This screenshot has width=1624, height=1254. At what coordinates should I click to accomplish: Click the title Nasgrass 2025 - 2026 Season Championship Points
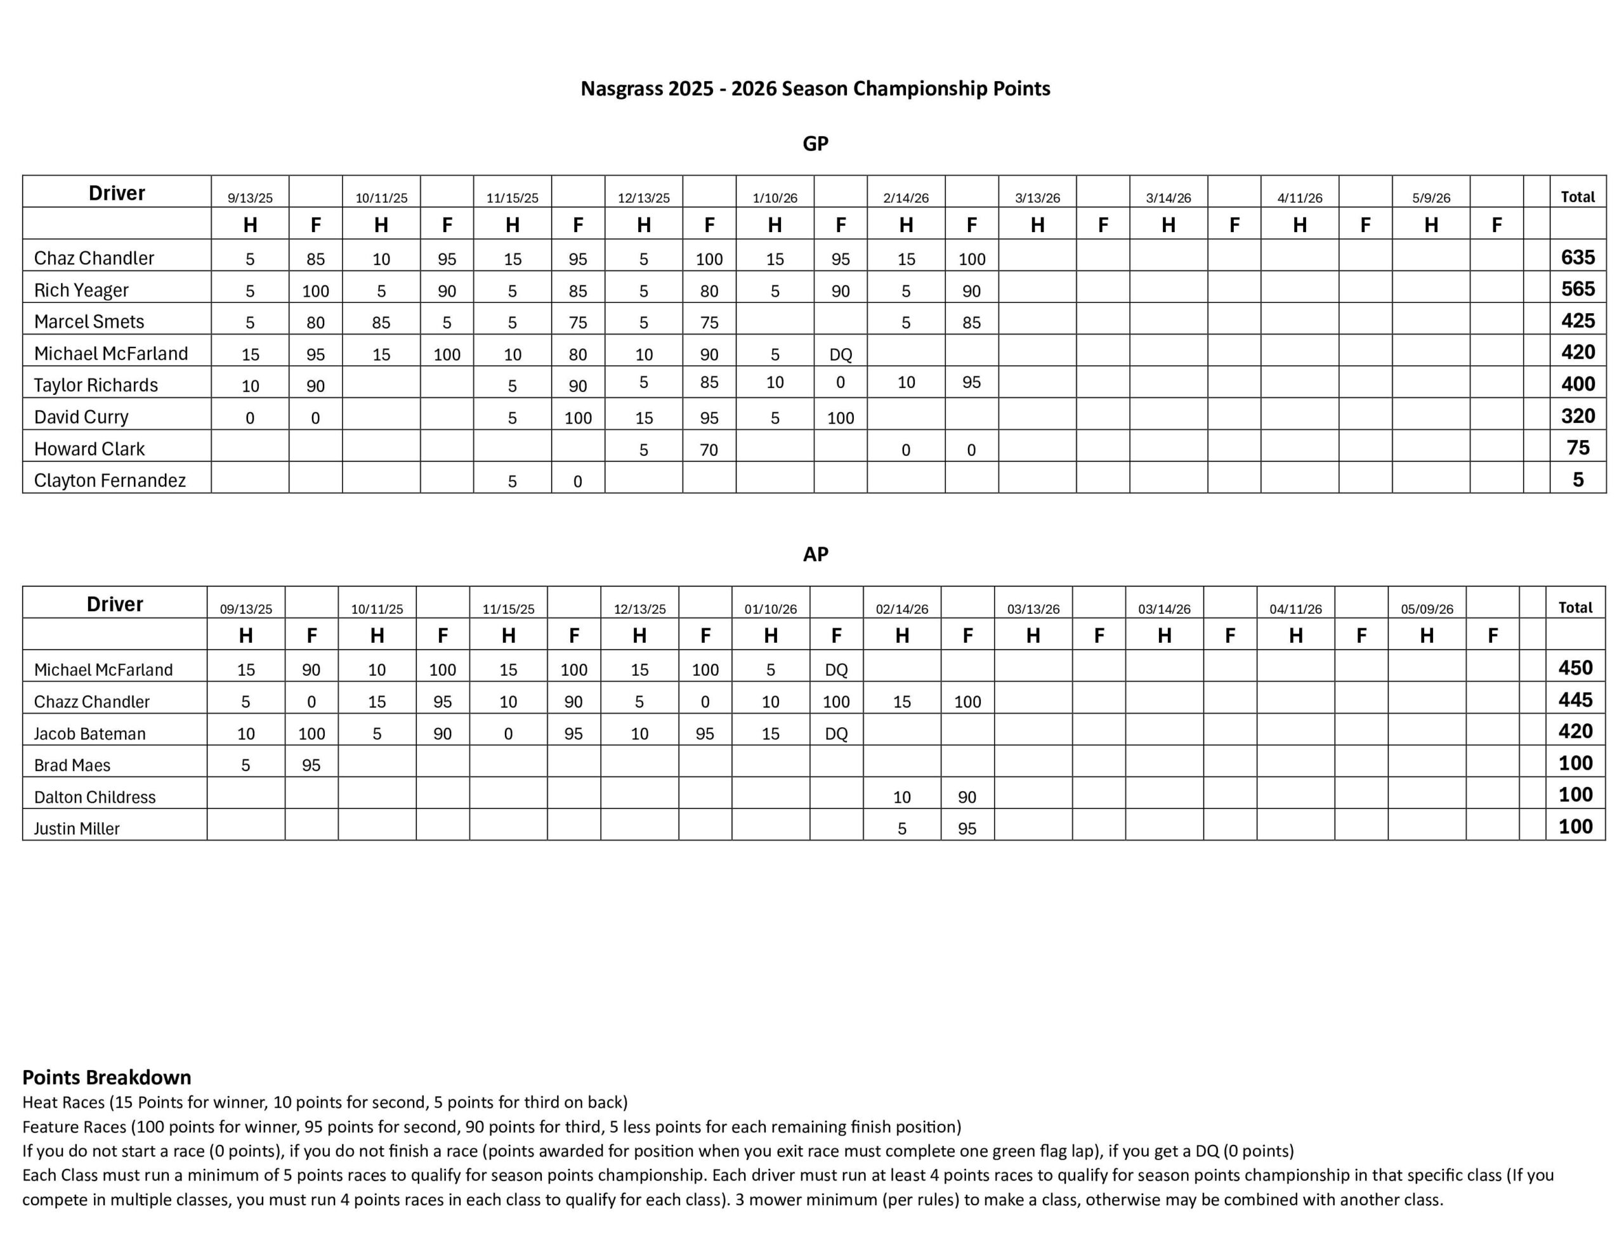tap(815, 89)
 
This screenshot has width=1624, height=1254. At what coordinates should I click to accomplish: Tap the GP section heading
tap(815, 143)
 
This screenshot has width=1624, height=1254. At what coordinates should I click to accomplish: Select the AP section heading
tap(815, 554)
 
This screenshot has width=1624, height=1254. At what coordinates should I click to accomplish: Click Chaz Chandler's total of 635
tap(1577, 257)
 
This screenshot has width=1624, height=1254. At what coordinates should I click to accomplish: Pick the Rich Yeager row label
tap(81, 290)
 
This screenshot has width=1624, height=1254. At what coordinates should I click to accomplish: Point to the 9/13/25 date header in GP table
tap(250, 198)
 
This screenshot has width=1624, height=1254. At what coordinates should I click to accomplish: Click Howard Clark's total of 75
tap(1577, 448)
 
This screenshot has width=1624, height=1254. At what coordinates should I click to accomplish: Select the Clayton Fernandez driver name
tap(109, 480)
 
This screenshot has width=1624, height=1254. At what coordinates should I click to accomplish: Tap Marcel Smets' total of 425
tap(1577, 320)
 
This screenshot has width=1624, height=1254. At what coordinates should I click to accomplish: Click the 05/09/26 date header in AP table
tap(1426, 609)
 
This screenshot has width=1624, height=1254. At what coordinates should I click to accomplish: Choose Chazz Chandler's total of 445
tap(1575, 699)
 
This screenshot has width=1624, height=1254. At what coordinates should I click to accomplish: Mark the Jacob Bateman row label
tap(89, 734)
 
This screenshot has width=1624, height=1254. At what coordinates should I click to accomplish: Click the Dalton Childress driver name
tap(95, 797)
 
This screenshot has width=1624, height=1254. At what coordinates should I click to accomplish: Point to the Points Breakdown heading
tap(107, 1077)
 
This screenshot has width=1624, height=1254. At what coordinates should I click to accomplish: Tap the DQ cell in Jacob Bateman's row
tap(836, 734)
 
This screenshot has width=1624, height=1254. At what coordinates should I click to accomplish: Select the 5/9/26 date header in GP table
tap(1431, 198)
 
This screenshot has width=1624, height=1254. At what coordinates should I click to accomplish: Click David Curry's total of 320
tap(1577, 415)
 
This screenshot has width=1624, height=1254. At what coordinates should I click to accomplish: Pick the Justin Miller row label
tap(77, 828)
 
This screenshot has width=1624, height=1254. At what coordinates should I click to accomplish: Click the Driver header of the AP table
tap(115, 604)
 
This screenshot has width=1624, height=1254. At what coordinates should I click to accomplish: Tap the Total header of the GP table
tap(1577, 197)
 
